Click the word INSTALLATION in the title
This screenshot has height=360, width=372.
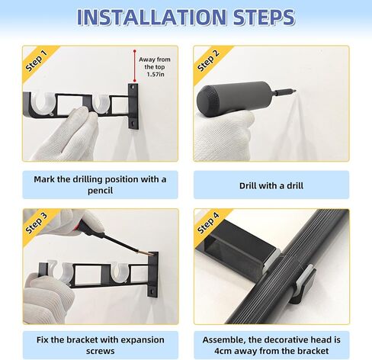[152, 18]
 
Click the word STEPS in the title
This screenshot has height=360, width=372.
[264, 18]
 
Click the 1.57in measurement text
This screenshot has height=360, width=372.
[156, 75]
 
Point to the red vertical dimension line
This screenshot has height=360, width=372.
[134, 66]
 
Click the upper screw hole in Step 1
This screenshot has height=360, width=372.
[132, 87]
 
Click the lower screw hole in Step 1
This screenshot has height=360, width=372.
[133, 124]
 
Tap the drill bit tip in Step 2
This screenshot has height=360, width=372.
[295, 89]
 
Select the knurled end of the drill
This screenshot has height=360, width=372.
[207, 98]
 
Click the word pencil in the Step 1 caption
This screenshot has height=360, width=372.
[100, 191]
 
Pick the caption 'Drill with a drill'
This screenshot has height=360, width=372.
[271, 185]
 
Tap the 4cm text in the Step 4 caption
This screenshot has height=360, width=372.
[223, 351]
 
